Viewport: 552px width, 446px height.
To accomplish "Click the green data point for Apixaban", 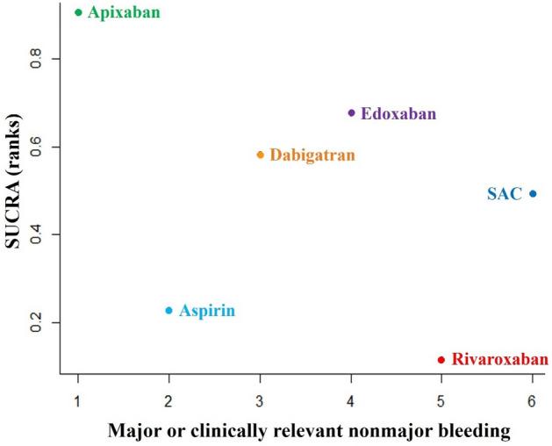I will [x=78, y=12].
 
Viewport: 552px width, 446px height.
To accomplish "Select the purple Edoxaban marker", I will [x=351, y=112].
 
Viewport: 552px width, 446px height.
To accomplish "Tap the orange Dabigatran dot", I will [x=260, y=155].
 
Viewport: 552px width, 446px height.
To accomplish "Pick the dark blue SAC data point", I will [x=533, y=194].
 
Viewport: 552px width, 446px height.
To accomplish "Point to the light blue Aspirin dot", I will [x=169, y=310].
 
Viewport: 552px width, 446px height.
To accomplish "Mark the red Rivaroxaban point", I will [x=441, y=359].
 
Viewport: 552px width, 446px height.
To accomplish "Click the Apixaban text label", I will [x=124, y=13].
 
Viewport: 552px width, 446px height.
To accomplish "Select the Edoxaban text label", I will [x=398, y=113].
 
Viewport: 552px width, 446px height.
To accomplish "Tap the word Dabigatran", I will [x=312, y=155].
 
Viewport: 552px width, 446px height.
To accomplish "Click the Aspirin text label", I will [x=207, y=311].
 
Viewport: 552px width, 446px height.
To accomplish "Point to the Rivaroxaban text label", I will [x=499, y=359].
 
